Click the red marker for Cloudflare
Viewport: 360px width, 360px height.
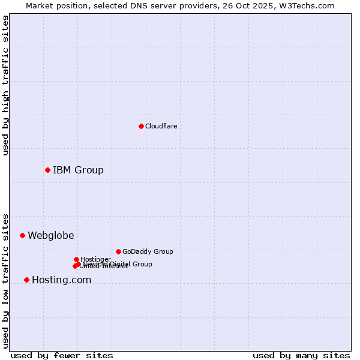point(141,126)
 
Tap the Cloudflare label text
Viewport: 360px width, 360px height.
point(161,126)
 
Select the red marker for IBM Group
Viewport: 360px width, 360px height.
point(47,170)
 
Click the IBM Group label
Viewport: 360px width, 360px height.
point(78,170)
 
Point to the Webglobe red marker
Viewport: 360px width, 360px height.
point(22,235)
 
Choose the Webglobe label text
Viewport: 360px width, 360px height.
point(51,235)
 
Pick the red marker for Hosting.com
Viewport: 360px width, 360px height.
point(26,280)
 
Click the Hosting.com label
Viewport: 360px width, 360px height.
point(61,280)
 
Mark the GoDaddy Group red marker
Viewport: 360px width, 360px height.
point(118,251)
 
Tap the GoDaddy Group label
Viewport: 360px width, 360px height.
point(148,251)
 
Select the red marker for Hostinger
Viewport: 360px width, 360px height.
point(76,259)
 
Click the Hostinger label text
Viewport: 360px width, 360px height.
point(95,259)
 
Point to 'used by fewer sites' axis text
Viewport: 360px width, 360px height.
point(62,355)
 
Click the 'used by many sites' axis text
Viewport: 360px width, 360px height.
point(301,355)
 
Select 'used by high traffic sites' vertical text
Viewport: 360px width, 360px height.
point(6,85)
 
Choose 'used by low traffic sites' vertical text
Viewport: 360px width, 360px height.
point(6,280)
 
